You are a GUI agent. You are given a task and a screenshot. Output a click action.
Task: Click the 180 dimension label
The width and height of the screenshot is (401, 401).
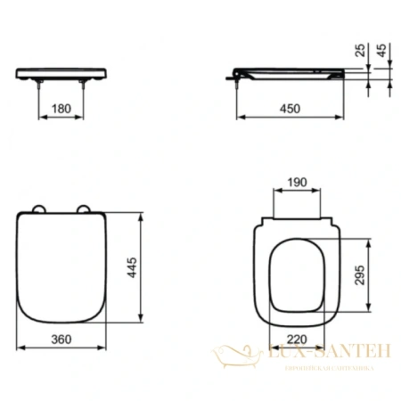[60, 109]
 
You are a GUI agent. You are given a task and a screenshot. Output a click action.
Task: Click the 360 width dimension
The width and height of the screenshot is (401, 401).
[60, 340]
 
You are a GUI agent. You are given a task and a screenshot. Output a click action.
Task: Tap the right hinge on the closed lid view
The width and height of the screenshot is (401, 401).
[86, 210]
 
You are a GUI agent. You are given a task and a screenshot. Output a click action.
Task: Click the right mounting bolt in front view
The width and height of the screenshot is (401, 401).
[84, 84]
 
